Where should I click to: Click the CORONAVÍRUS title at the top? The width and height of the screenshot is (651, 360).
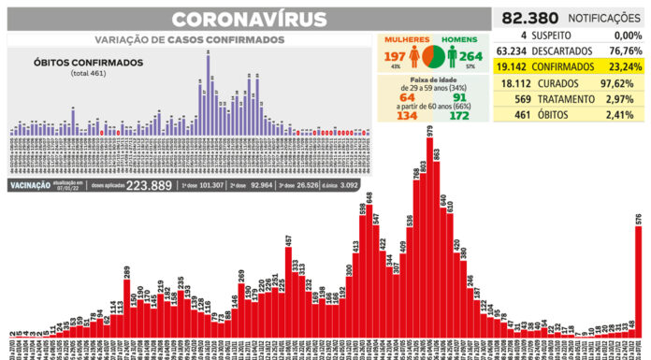click(251, 20)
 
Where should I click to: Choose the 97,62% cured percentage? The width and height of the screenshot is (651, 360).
click(620, 83)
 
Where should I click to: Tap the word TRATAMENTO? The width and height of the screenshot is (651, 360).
click(565, 99)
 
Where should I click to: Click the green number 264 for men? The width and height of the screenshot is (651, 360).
click(471, 56)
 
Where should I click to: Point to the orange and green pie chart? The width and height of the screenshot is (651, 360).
click(433, 56)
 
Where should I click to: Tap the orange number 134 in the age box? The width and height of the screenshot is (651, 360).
click(407, 114)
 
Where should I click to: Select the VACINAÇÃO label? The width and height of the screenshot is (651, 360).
click(35, 186)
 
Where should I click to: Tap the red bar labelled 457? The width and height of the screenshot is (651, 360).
click(289, 290)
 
